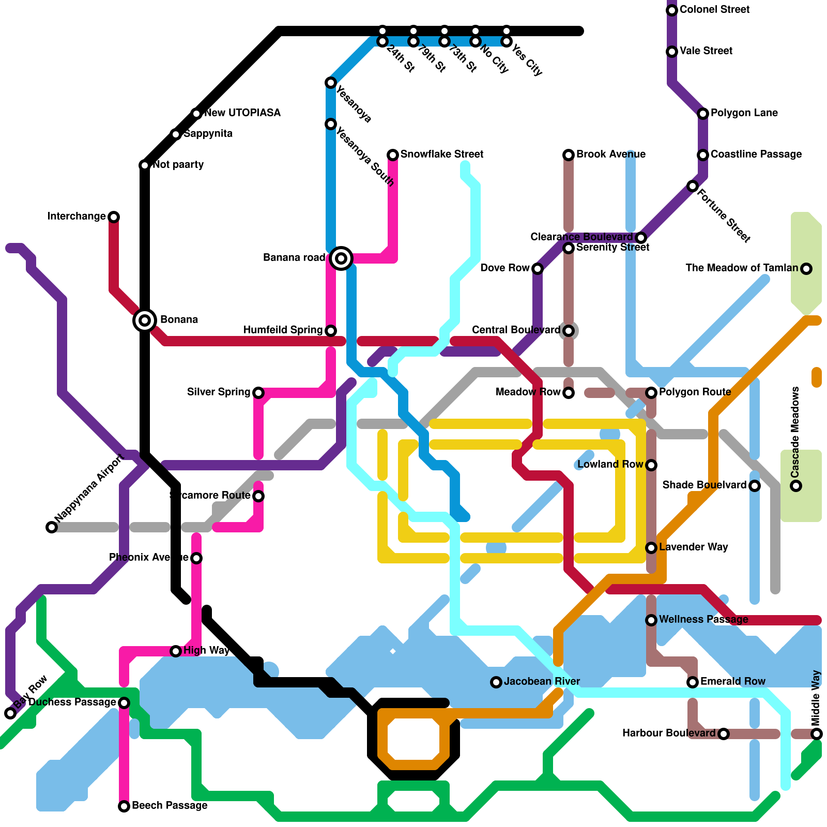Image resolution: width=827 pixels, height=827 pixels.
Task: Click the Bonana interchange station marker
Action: pos(145,320)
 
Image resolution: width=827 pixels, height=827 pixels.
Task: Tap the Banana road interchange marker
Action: pos(341,258)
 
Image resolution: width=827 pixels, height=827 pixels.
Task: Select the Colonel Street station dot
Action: pos(672,10)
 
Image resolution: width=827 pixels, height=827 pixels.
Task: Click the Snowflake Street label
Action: pos(441,154)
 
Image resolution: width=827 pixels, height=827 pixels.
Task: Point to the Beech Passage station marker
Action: pos(124,806)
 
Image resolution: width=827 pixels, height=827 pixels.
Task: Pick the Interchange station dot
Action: pos(114,217)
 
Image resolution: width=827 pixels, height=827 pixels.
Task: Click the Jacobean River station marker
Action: pos(496,682)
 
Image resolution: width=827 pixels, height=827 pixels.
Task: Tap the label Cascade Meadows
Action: pos(795,432)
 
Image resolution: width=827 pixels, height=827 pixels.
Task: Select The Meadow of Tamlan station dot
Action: pos(806,268)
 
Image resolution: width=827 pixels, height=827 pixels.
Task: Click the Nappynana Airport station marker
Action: pos(52,527)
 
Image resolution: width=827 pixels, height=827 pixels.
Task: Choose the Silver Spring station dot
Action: pos(258,393)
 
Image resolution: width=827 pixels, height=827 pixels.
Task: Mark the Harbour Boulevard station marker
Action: pos(724,734)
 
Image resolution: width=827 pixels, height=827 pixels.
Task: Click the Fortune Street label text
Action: pos(724,216)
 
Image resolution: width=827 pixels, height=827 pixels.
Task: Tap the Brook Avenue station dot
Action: pos(569,155)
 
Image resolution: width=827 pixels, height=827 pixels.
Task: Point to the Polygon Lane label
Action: pos(744,113)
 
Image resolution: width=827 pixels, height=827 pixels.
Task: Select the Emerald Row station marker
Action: pos(693,682)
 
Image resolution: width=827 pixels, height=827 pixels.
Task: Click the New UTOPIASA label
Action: pos(242,113)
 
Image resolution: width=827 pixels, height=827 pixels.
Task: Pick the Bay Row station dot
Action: pos(10,713)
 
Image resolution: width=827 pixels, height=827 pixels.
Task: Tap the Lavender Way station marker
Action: pos(651,548)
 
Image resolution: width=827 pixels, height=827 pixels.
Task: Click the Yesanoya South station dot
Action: pos(331,124)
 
